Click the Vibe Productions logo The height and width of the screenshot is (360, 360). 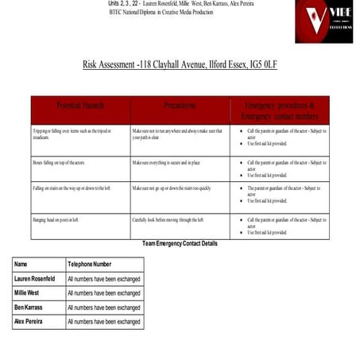(323, 21)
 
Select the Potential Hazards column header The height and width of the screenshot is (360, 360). (80, 106)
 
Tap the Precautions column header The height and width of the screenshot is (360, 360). (179, 106)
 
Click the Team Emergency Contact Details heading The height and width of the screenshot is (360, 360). (179, 243)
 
